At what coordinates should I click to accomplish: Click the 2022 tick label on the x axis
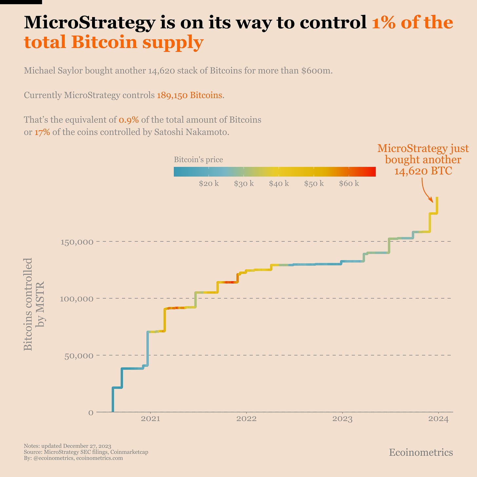pyautogui.click(x=246, y=419)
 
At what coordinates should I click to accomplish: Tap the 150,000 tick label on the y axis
pyautogui.click(x=77, y=242)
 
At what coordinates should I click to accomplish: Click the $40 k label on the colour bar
pyautogui.click(x=279, y=183)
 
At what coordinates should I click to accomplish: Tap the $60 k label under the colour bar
pyautogui.click(x=349, y=183)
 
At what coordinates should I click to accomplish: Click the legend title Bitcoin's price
pyautogui.click(x=198, y=160)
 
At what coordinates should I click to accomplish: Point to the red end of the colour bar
pyautogui.click(x=373, y=172)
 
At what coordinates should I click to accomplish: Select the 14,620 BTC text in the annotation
pyautogui.click(x=423, y=171)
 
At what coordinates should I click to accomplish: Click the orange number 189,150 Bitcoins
pyautogui.click(x=189, y=95)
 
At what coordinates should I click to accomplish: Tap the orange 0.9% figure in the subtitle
pyautogui.click(x=129, y=120)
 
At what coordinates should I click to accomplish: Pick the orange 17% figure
pyautogui.click(x=42, y=133)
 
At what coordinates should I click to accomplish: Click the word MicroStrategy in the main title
pyautogui.click(x=89, y=23)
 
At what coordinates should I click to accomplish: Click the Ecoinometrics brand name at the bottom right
pyautogui.click(x=421, y=452)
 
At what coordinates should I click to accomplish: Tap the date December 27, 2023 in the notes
pyautogui.click(x=87, y=446)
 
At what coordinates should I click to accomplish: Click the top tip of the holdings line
pyautogui.click(x=437, y=198)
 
